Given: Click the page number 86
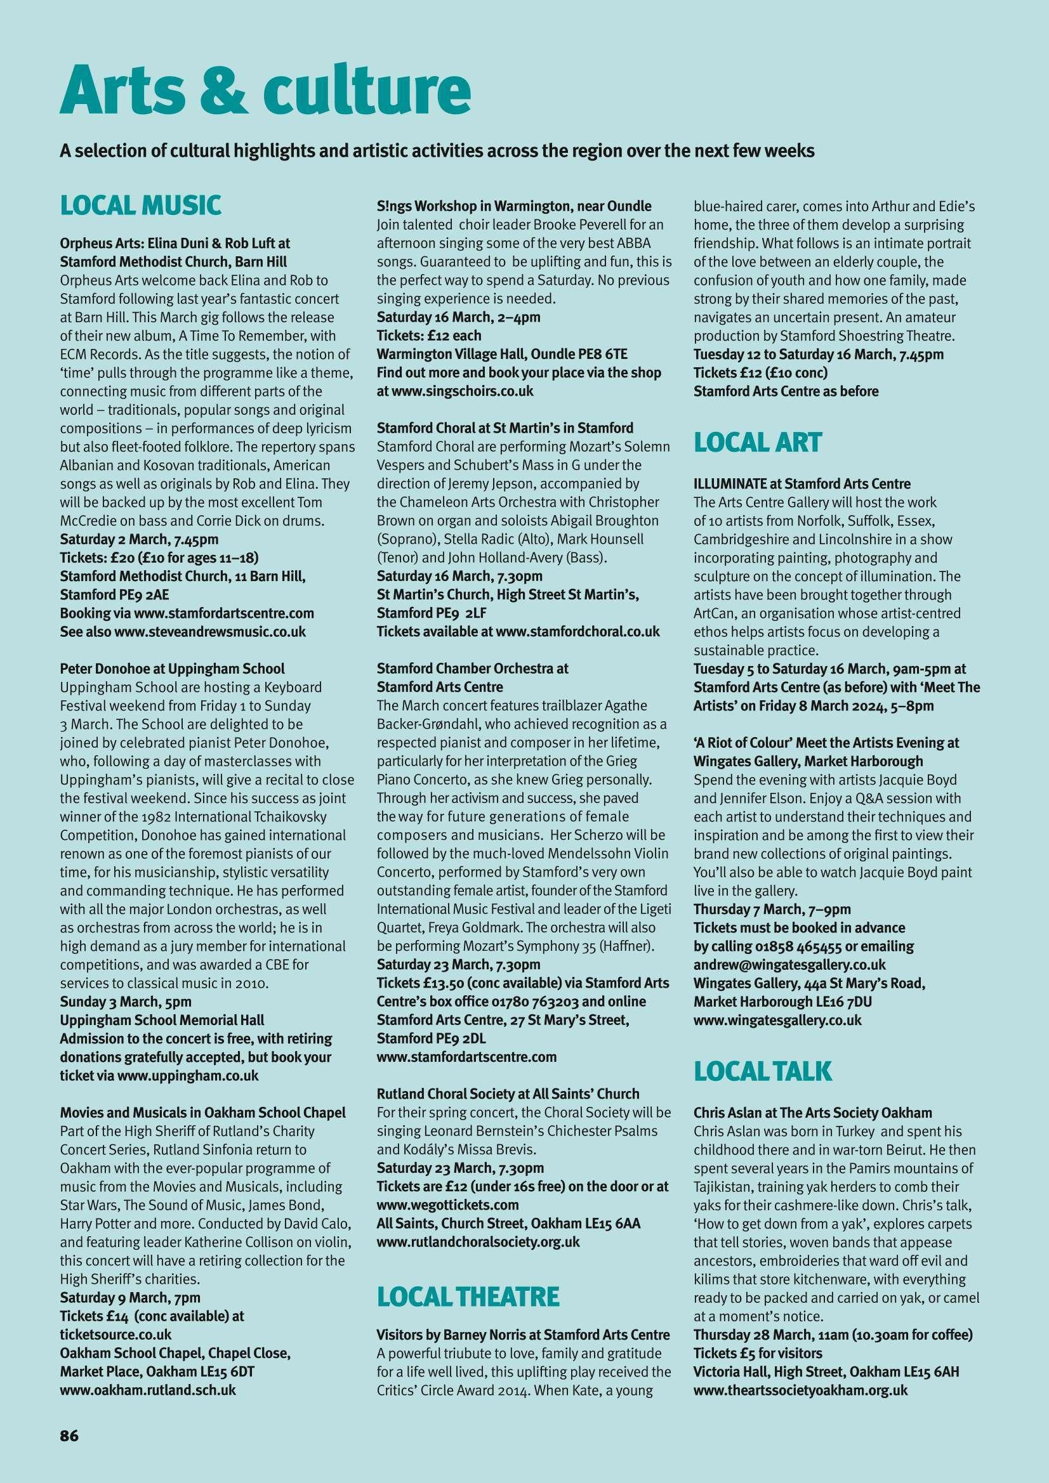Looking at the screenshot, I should point(69,1395).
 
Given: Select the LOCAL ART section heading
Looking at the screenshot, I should point(758,443).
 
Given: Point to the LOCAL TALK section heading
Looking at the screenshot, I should point(763,1071).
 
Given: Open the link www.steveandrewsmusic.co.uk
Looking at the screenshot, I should point(210,631).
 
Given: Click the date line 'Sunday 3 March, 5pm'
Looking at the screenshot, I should point(126,1002).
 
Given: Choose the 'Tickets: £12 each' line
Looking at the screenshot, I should point(429,336).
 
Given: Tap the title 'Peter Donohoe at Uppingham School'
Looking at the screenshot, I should point(172,669).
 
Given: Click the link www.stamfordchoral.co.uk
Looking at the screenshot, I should point(577,631).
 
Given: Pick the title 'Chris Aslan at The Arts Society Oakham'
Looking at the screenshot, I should point(812,1113).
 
